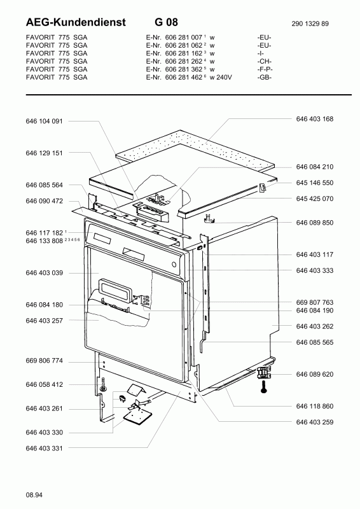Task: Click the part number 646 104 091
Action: tap(44, 120)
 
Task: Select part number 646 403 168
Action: tap(314, 119)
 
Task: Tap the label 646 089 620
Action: tap(314, 374)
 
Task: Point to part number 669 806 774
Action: tap(44, 361)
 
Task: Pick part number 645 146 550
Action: tap(314, 182)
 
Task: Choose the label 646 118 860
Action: tap(314, 406)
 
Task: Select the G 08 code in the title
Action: tap(166, 22)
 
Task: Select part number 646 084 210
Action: tap(314, 167)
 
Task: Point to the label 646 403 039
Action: tap(44, 272)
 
